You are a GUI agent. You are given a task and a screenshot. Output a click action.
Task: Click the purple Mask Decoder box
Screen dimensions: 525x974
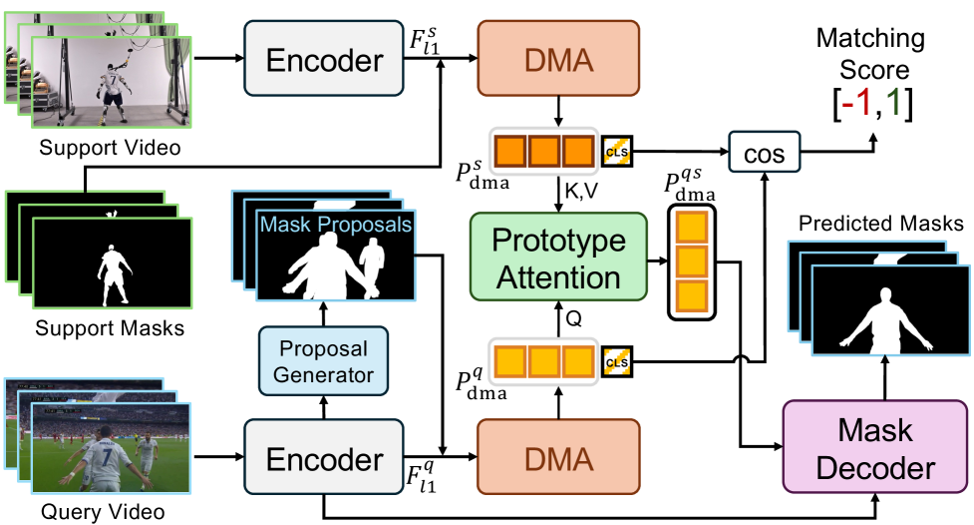874,448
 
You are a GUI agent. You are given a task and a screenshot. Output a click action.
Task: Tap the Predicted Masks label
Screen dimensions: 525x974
878,224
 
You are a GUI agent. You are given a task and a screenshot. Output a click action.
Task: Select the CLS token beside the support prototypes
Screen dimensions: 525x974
615,152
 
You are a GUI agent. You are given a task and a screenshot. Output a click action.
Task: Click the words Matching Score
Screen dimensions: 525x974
863,55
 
